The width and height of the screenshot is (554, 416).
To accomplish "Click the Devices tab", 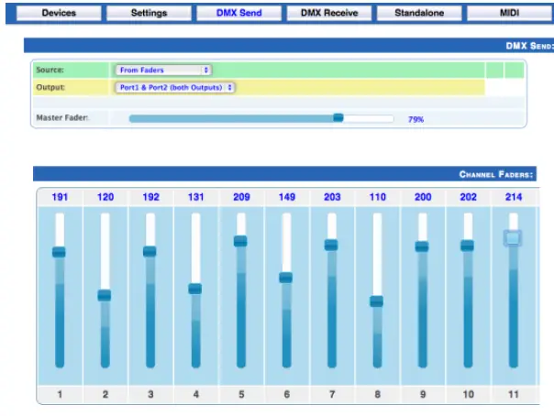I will coord(59,14).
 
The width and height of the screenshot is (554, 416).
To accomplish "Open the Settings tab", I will coord(149,14).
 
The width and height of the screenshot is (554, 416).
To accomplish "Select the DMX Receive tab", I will coord(328,14).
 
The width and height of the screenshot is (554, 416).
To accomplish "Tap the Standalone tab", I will coord(418,14).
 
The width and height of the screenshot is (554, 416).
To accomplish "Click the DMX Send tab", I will coord(238,14).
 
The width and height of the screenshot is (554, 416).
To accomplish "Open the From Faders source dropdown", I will coord(163,70).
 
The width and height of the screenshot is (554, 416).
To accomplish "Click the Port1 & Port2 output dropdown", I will coord(175,87).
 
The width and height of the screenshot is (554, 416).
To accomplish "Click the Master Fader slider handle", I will coord(338,117).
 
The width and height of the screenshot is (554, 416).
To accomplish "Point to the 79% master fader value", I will coord(415,119).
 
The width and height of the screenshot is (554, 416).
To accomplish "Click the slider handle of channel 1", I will coord(60,252).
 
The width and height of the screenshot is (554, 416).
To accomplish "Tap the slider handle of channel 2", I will coord(105,295).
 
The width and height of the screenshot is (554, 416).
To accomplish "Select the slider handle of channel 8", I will coord(376,301).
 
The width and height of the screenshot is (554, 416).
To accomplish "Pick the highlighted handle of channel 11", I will coord(512,237).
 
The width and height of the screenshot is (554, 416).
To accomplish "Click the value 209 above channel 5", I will coord(241,196).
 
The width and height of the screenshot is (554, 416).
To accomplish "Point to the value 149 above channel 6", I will coord(286,196).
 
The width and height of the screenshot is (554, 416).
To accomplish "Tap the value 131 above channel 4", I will coord(195,196).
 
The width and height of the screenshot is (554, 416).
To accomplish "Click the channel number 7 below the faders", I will coord(331,395).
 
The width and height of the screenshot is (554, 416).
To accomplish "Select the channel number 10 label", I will coord(467,395).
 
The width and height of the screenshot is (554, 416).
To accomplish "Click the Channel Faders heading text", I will coord(496,174).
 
